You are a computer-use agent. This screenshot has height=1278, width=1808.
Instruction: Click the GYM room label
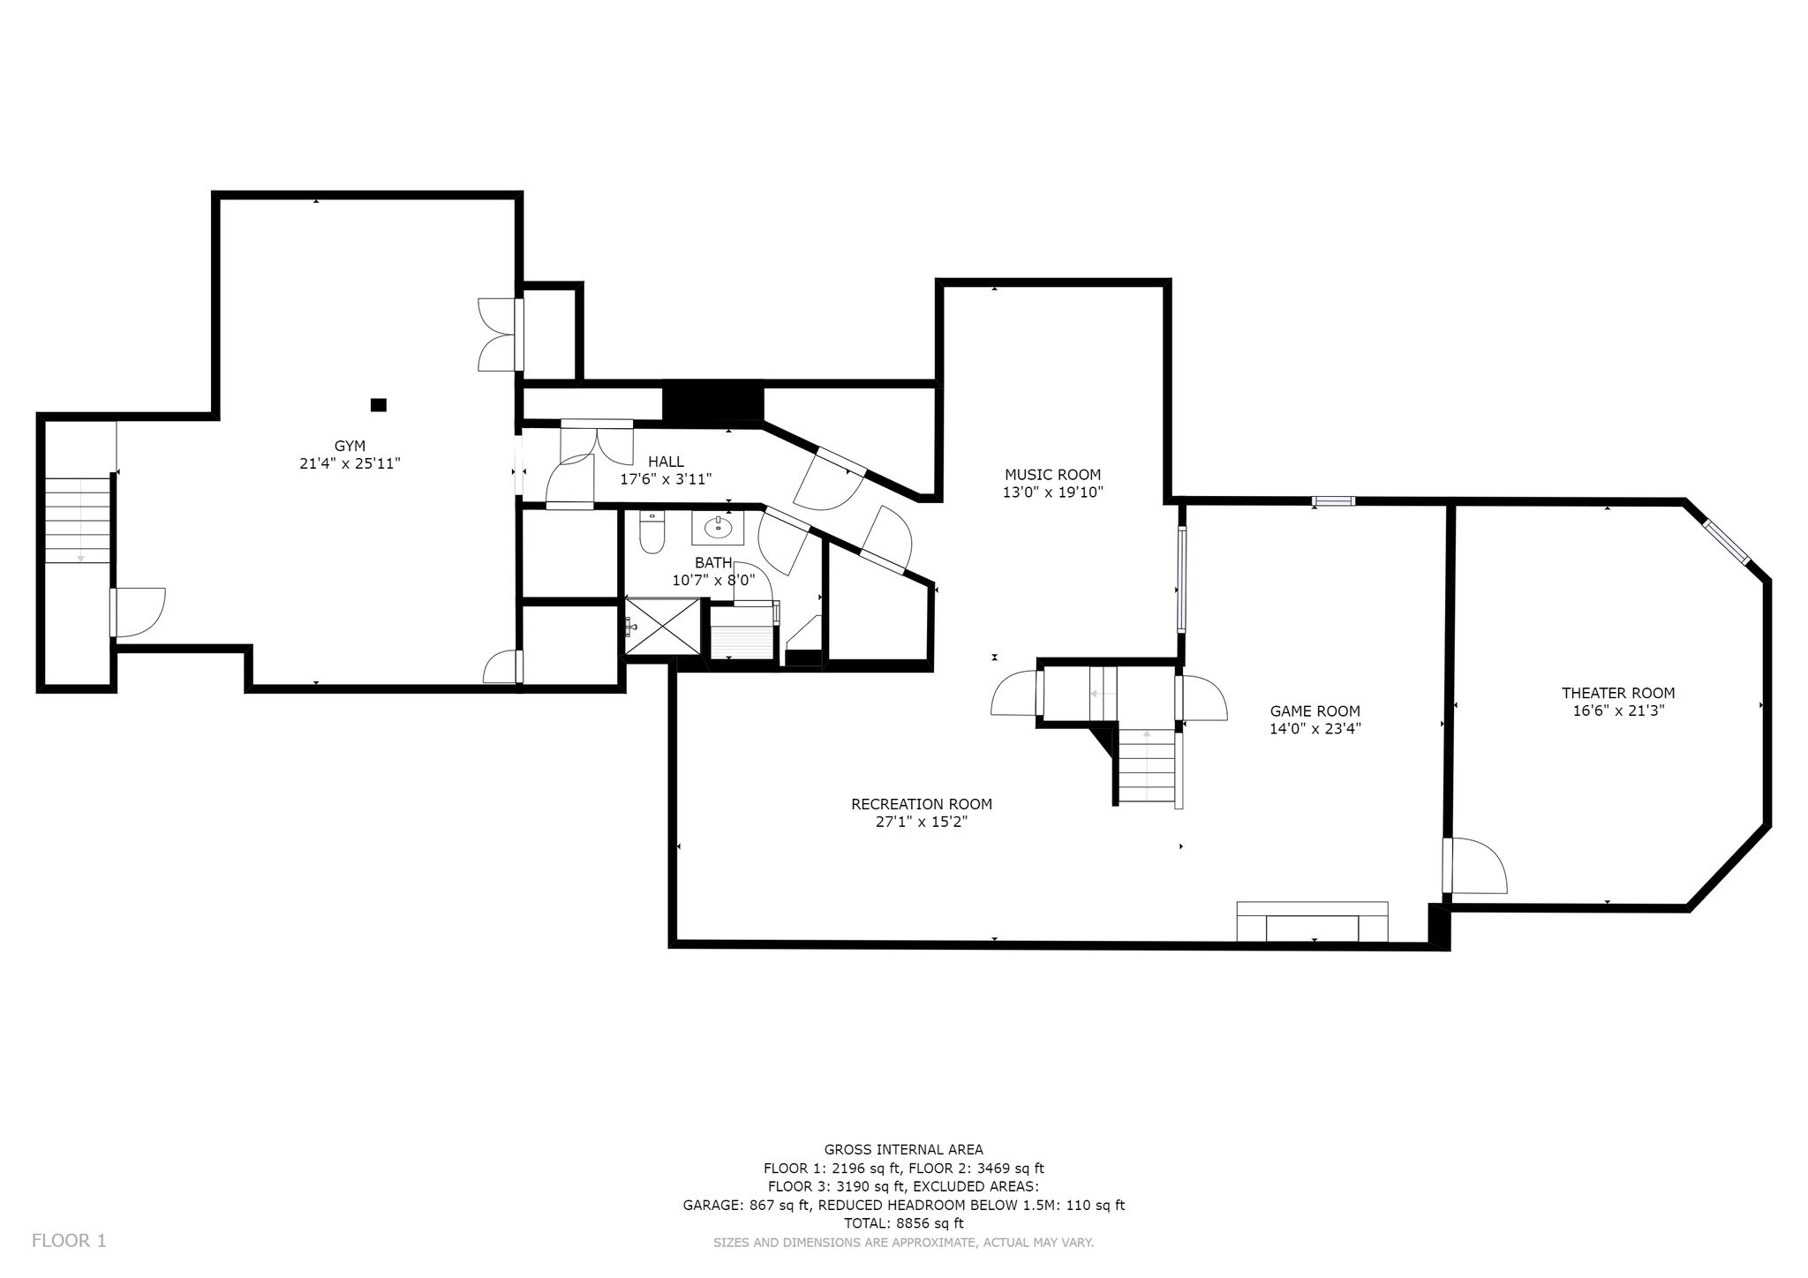(x=350, y=446)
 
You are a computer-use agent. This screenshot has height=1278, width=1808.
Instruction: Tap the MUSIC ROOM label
(x=1052, y=475)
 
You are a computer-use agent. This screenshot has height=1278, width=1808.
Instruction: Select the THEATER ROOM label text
(x=1618, y=693)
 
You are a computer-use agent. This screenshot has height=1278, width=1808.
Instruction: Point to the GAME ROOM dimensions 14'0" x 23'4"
(x=1315, y=729)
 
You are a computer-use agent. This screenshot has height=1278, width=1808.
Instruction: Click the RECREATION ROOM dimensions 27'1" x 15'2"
(x=922, y=822)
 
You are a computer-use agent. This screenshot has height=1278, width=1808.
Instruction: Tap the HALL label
(x=666, y=462)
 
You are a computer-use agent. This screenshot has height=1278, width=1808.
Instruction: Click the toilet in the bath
(x=652, y=532)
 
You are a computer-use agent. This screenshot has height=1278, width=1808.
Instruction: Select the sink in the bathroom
(x=718, y=528)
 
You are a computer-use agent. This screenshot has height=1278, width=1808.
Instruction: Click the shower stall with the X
(x=663, y=626)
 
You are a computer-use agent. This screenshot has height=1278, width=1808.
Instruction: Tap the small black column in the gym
(x=379, y=405)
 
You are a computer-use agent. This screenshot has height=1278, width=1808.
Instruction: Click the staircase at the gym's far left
(x=79, y=520)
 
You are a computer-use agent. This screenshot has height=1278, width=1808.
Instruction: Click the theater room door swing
(x=1475, y=865)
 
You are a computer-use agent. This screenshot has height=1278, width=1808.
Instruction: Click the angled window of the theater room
(x=1727, y=542)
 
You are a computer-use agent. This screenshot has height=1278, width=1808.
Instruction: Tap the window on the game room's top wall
(x=1333, y=501)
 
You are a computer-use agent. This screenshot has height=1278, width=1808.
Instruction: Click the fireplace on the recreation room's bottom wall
(x=1312, y=921)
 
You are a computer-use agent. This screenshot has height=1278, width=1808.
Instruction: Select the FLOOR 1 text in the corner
(x=69, y=1241)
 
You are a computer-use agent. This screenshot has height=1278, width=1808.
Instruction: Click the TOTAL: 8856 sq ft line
(x=904, y=1223)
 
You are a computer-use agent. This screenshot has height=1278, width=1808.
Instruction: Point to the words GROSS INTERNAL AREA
(x=904, y=1149)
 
